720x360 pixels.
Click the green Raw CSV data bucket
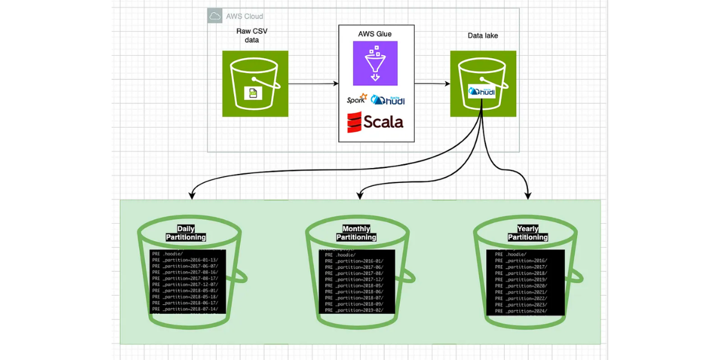255,83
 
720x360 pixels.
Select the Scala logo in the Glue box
375,122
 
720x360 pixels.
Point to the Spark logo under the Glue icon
356,100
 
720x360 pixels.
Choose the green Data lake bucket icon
483,83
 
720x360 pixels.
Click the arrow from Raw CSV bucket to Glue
313,83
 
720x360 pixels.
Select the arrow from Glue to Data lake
432,83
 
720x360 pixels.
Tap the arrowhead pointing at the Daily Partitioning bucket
191,195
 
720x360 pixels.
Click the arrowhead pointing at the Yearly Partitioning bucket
529,195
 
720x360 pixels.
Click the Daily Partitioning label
186,233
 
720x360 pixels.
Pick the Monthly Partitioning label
356,233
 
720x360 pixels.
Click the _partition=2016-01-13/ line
185,260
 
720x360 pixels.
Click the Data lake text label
483,35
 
